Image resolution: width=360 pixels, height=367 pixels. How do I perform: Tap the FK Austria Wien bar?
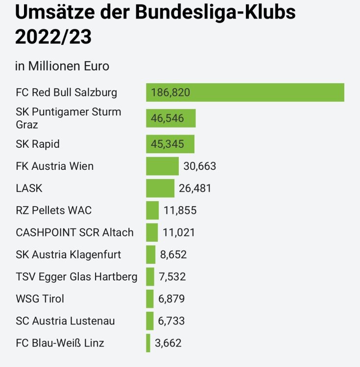(x=162, y=166)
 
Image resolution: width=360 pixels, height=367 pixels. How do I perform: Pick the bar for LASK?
(x=160, y=188)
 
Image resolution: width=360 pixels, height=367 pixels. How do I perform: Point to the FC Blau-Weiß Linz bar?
(x=148, y=343)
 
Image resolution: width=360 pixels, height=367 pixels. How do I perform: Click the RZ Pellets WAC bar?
(x=152, y=210)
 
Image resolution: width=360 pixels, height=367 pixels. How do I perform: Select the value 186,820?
(x=170, y=92)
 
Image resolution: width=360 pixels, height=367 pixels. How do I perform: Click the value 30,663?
(x=199, y=166)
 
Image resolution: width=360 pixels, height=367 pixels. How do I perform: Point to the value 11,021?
(x=179, y=232)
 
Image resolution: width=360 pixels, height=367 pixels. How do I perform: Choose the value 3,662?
(x=168, y=343)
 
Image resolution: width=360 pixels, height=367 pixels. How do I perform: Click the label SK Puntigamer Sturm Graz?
(x=69, y=118)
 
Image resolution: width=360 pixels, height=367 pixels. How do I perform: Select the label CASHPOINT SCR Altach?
(x=74, y=232)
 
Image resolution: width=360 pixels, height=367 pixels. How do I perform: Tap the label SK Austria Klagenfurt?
(x=69, y=254)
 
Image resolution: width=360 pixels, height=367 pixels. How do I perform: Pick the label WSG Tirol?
(x=40, y=299)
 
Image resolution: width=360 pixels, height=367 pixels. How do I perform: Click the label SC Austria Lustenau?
(x=65, y=321)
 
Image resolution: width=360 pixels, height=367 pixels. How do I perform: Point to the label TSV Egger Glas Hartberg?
(x=76, y=277)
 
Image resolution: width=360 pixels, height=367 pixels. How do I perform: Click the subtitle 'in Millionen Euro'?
(x=62, y=66)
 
